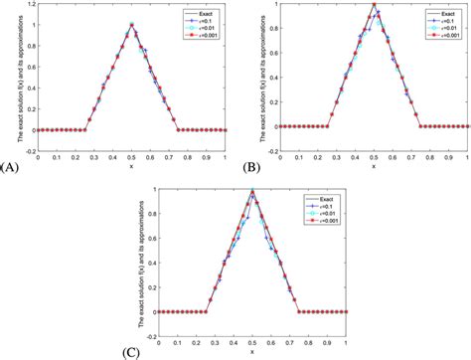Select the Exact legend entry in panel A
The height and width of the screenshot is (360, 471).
pyautogui.click(x=205, y=13)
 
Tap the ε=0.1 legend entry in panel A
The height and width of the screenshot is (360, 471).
pyautogui.click(x=205, y=21)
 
